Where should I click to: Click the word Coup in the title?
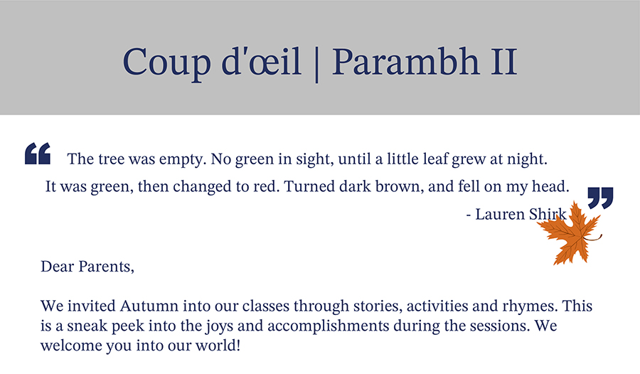coord(166,63)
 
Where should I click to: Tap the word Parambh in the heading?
coord(406,61)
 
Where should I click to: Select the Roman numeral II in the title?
coord(504,62)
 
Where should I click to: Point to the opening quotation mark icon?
coord(38,154)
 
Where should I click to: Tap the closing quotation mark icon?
coord(600,198)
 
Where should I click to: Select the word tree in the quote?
coord(111,159)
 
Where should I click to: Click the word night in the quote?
coord(527,159)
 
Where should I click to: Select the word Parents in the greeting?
coord(106,267)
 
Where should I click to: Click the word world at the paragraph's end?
coord(218,346)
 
